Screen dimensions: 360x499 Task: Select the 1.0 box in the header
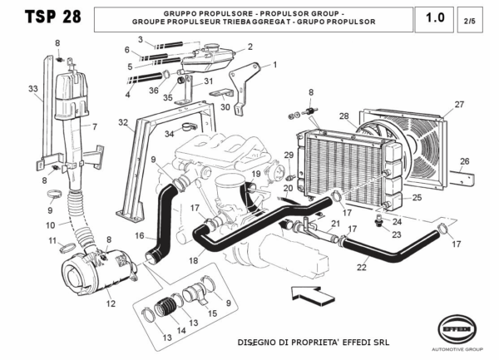[434, 17]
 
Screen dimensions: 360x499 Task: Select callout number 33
[32, 88]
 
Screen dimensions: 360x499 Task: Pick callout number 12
[110, 303]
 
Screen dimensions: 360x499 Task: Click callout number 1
[274, 64]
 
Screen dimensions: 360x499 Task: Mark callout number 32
[122, 122]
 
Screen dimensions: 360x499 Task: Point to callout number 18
[193, 260]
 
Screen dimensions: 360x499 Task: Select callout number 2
[249, 47]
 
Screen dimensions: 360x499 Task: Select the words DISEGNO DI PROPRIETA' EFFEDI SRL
[314, 342]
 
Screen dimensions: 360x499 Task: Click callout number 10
[50, 224]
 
